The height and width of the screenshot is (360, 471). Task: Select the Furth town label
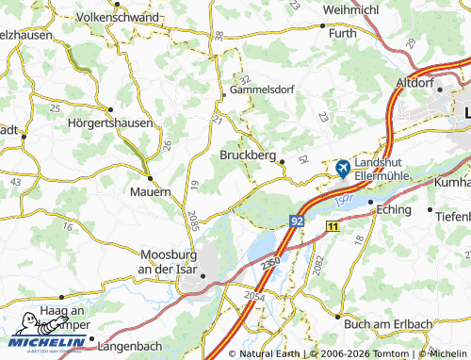[344, 34]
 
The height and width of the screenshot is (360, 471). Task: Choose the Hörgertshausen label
[110, 123]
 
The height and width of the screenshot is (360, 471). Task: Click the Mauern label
[151, 191]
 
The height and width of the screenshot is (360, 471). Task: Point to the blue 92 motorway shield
[298, 220]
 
